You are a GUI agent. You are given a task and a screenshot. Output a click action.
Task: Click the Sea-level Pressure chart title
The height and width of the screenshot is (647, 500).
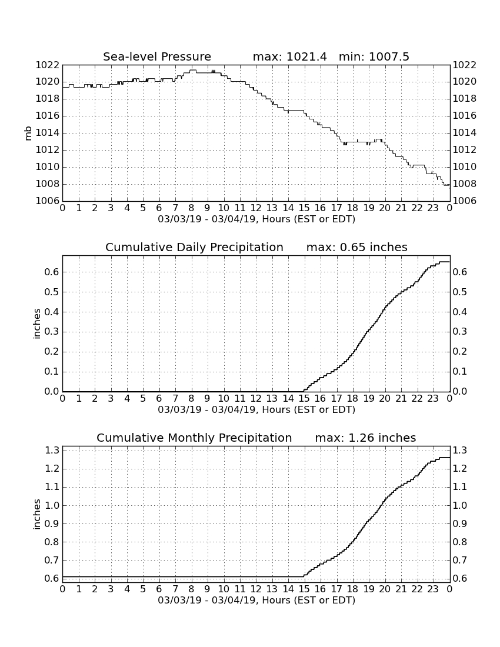(157, 56)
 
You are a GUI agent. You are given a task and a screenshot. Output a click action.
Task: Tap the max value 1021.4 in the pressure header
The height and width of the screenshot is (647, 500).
(306, 56)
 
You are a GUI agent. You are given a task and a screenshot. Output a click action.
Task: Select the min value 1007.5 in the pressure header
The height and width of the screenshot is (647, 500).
(389, 56)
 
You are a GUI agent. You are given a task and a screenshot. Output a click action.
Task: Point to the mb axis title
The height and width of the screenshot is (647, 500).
(28, 134)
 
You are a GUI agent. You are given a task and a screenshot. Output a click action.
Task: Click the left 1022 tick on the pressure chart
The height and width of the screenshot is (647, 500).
(48, 65)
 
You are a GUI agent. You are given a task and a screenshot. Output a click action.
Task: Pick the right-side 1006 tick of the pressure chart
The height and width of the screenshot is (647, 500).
(465, 201)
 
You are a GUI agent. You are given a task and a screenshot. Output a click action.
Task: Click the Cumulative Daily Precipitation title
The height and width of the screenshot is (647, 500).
(194, 247)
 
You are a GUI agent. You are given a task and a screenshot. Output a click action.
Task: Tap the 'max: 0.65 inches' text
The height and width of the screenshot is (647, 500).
(357, 247)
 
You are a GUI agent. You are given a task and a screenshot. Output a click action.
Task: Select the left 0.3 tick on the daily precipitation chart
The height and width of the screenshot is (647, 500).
(52, 332)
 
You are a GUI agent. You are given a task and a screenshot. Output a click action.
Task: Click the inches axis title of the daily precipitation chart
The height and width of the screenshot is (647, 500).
(36, 324)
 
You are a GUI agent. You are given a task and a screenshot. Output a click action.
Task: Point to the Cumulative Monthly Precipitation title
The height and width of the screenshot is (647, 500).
(194, 438)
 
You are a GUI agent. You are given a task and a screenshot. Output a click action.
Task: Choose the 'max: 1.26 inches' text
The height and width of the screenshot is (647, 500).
(365, 438)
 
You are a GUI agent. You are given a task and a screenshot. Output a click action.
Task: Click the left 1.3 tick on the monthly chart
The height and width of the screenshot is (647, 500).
(52, 450)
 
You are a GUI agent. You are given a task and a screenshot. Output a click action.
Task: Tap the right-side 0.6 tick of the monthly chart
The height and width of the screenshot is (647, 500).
(460, 579)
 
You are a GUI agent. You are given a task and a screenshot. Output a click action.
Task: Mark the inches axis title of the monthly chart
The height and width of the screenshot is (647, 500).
(36, 515)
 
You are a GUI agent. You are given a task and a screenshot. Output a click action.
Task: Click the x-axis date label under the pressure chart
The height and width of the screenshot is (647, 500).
(256, 219)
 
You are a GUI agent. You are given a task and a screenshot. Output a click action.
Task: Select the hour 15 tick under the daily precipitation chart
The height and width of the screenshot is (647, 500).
(305, 399)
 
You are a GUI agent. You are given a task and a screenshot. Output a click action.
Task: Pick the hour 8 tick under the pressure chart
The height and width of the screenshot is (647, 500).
(191, 208)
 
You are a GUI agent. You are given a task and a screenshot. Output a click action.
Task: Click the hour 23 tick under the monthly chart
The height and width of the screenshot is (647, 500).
(433, 589)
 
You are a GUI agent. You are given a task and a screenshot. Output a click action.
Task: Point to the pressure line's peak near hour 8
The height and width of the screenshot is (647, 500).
(193, 70)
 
